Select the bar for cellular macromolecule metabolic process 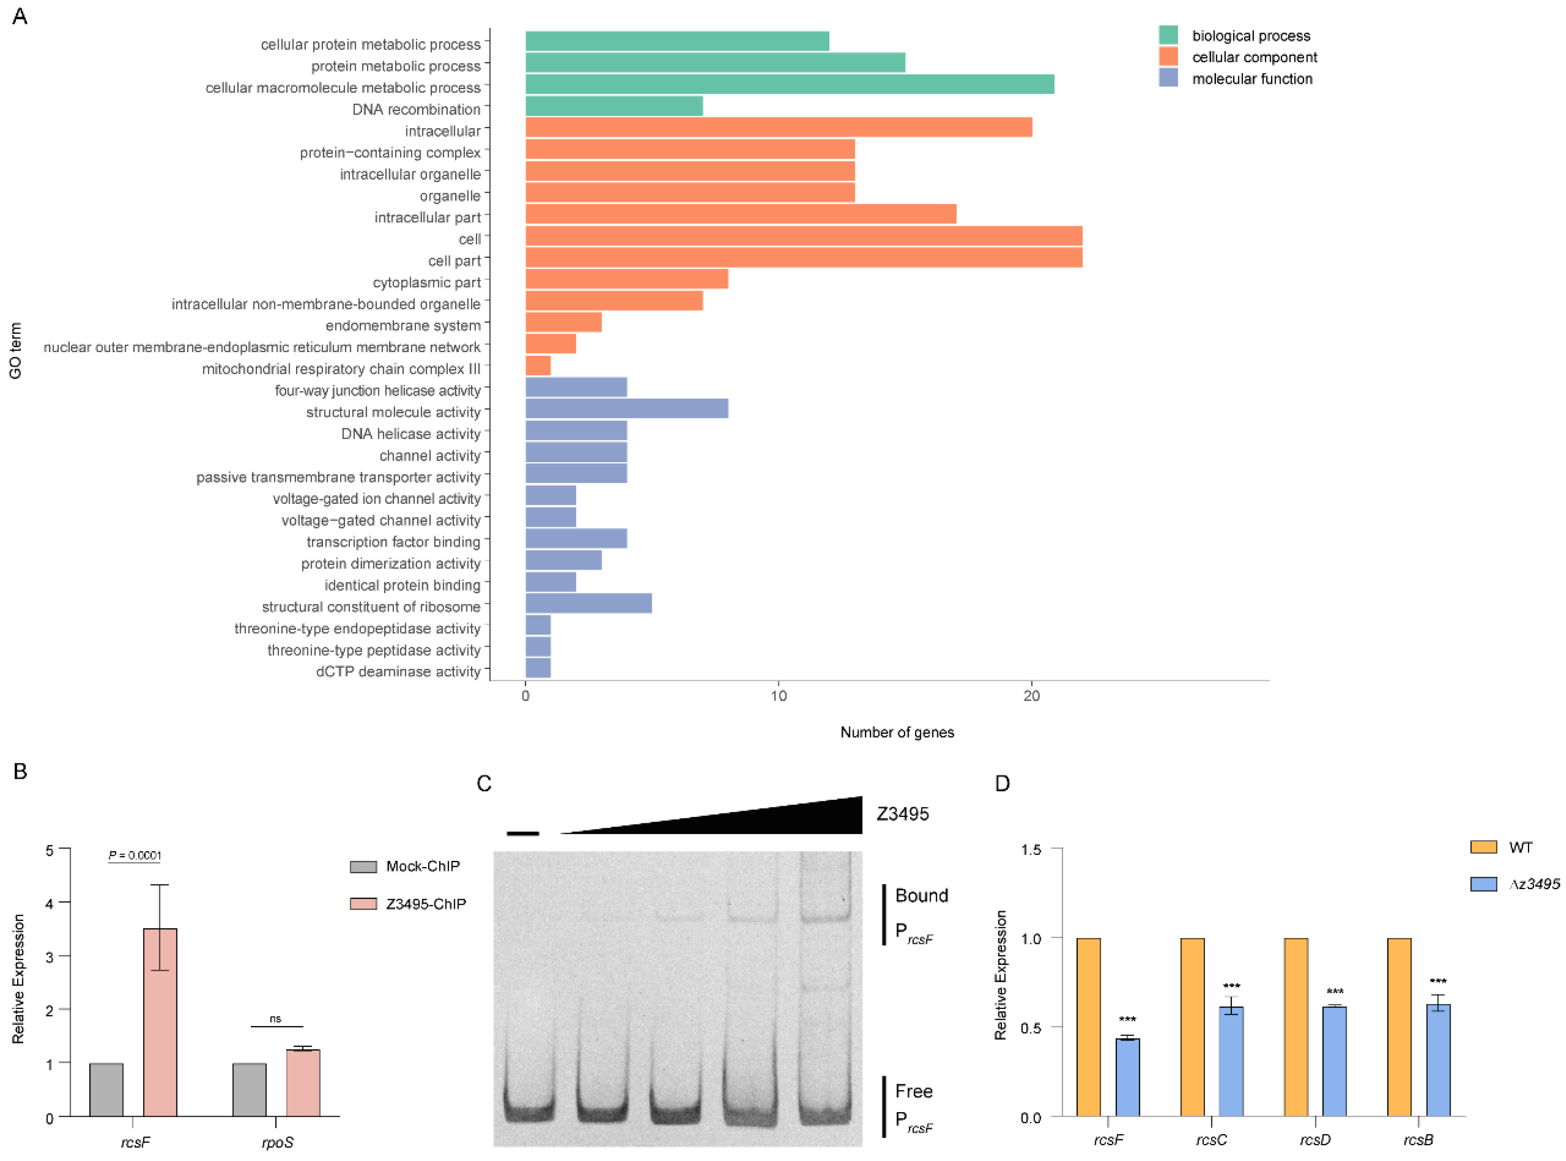[789, 84]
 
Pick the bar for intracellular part [741, 214]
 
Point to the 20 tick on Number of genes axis [1031, 696]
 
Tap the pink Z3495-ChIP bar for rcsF [160, 1022]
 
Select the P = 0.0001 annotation [135, 855]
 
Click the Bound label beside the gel [921, 895]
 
